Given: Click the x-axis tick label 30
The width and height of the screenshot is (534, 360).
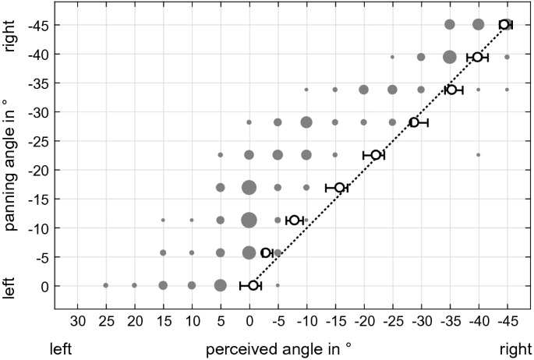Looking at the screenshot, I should (x=77, y=320).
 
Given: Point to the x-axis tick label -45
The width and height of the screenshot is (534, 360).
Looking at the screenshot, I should (x=506, y=320).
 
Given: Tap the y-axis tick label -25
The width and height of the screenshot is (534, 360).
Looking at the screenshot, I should (x=40, y=141).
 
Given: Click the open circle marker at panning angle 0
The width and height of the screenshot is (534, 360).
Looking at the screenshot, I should (x=253, y=286).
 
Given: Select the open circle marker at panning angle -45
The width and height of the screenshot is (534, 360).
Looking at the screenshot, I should (x=505, y=25).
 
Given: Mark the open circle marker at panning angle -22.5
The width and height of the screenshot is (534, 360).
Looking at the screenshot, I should (x=375, y=155).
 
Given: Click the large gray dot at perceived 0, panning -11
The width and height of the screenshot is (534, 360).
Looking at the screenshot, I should (x=249, y=221).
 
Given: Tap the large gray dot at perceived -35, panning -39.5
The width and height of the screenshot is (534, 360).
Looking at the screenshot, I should (x=449, y=57).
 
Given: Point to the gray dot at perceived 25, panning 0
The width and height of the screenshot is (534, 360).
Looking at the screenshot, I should (x=106, y=285).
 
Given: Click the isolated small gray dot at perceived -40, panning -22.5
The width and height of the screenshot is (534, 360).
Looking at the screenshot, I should (x=478, y=155).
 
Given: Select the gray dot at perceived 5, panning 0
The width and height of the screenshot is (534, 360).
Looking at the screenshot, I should (x=221, y=285).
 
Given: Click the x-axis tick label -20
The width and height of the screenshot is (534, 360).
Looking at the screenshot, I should (x=363, y=320).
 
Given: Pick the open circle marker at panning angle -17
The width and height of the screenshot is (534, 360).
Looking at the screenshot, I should (x=339, y=188).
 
